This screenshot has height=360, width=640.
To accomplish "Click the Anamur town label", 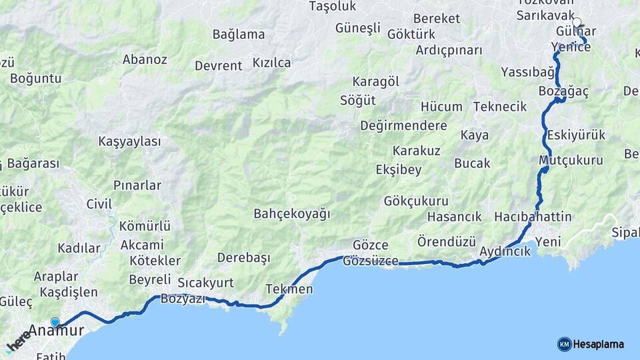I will click(56, 331).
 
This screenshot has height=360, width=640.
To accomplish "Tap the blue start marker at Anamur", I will click(55, 323).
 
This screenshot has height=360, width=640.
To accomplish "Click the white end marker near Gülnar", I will click(577, 22).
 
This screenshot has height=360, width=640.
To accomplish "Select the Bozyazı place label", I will click(183, 299).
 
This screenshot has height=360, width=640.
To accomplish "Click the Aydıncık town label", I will click(505, 251).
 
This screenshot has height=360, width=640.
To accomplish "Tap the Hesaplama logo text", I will click(599, 345).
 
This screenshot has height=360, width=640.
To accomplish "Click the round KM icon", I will click(564, 344).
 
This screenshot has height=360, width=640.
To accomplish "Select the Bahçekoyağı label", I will click(292, 213).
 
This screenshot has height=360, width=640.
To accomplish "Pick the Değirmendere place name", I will click(403, 125).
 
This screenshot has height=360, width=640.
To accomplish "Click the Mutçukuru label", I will click(571, 160).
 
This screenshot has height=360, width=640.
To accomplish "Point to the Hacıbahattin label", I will click(533, 217).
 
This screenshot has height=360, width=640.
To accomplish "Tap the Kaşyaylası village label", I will click(129, 141).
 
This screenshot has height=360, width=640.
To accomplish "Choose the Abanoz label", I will click(145, 59).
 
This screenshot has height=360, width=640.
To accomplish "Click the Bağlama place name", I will click(239, 34).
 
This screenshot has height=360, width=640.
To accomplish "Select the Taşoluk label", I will click(333, 6).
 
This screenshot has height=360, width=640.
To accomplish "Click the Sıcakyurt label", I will click(205, 283).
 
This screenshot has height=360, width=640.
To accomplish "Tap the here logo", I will click(18, 341).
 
